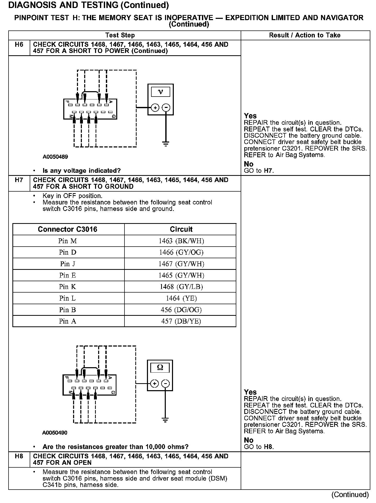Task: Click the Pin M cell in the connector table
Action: tap(68, 241)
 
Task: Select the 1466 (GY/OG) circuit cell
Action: tap(181, 252)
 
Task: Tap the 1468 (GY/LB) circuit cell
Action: tap(181, 287)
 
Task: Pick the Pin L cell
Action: tap(68, 298)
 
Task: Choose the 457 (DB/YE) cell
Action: tap(181, 321)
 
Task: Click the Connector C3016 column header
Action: tap(68, 229)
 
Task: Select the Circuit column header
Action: tap(181, 229)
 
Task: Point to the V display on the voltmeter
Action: tap(160, 92)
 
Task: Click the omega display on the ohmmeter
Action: tap(160, 368)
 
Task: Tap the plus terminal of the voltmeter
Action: tap(155, 107)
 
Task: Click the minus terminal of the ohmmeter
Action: tap(165, 384)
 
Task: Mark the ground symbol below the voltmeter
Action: tap(166, 144)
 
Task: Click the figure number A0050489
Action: tap(55, 157)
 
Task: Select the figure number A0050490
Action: tap(55, 433)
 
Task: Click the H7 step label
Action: tap(19, 180)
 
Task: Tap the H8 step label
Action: tap(19, 456)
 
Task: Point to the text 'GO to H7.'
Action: tap(259, 170)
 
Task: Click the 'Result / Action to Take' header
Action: tap(305, 35)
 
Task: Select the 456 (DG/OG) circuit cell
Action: tap(181, 310)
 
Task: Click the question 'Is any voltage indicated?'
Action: tap(82, 170)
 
